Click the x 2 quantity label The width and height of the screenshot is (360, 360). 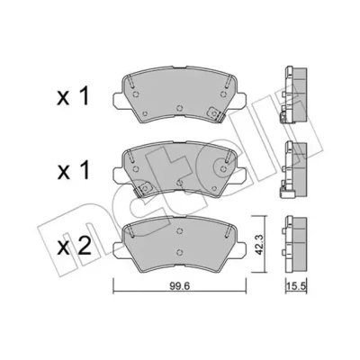point(74,247)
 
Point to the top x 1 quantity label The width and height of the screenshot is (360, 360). point(73,96)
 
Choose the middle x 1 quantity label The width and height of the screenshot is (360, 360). point(73,170)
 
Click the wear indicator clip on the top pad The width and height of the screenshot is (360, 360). point(216,115)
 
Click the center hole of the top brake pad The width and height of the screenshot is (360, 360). point(179,108)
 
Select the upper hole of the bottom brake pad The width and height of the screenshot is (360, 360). point(179,230)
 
